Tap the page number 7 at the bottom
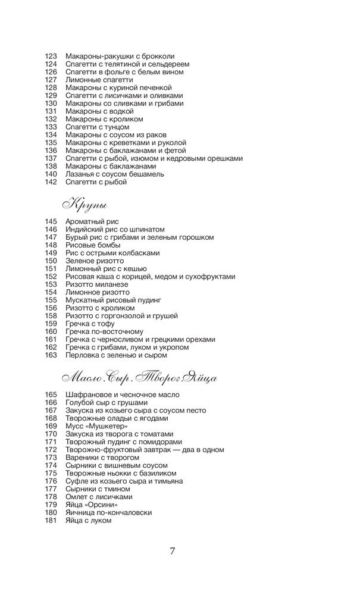[x=173, y=550]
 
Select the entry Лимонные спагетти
[x=99, y=80]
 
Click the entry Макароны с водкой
[x=99, y=111]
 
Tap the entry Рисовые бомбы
[x=93, y=245]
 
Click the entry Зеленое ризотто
[x=95, y=261]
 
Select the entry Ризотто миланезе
[x=97, y=284]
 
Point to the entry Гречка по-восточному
[x=105, y=331]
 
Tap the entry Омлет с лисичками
[x=99, y=497]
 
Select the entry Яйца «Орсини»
[x=91, y=505]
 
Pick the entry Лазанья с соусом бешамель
[x=115, y=174]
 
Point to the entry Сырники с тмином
[x=98, y=489]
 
